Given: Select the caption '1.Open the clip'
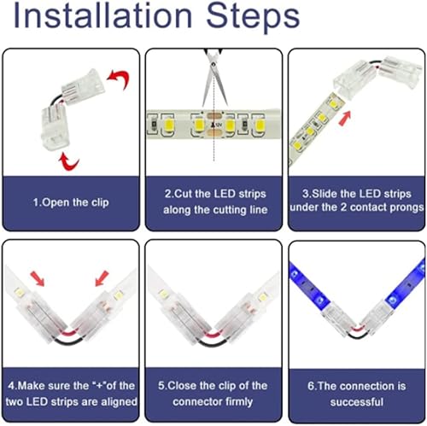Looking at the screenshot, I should click(x=71, y=202).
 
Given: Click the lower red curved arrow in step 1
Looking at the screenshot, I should click(x=64, y=160).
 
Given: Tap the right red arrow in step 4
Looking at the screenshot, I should click(x=102, y=277).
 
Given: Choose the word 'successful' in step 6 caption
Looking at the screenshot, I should click(x=356, y=401).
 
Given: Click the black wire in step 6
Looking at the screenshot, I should click(x=354, y=339).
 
